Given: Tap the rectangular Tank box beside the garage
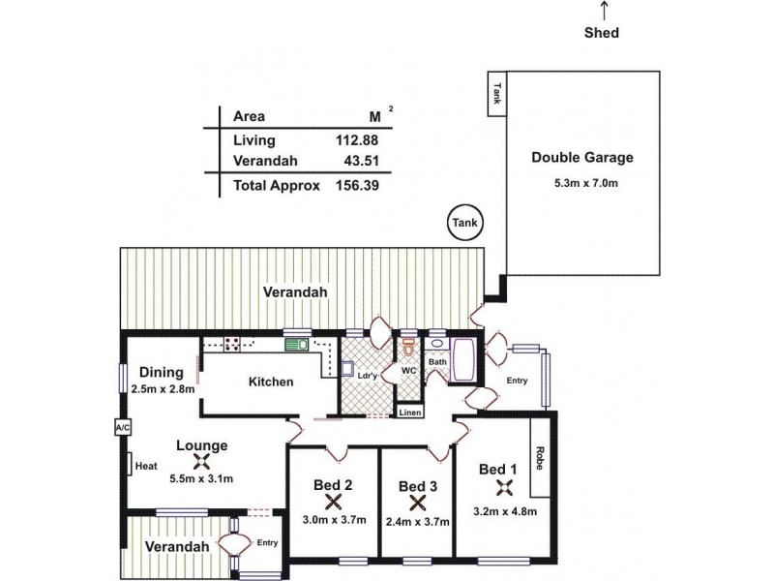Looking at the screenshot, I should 497,94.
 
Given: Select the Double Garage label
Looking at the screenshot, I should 581,159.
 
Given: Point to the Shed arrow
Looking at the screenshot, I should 604,10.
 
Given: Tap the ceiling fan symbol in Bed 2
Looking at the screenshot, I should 335,502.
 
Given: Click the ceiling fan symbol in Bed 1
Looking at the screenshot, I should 503,489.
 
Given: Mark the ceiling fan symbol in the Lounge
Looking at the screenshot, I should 201,462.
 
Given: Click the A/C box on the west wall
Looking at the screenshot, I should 122,427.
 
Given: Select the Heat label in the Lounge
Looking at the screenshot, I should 146,466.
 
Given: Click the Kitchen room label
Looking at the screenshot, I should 271,382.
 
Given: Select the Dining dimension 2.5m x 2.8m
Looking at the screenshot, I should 163,389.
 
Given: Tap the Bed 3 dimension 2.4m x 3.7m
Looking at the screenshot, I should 418,520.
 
